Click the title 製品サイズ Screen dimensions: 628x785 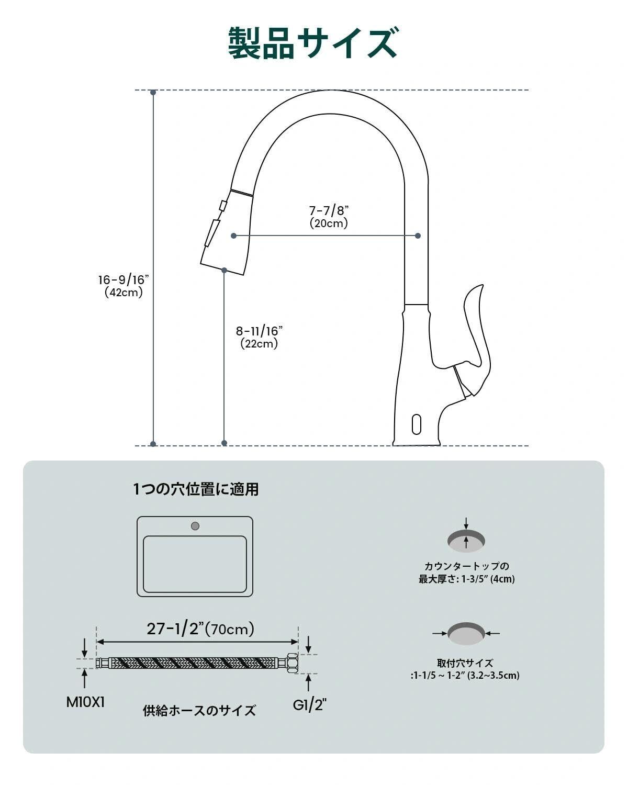313,43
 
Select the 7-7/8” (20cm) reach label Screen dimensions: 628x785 329,217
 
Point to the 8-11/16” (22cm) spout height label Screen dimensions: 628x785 259,337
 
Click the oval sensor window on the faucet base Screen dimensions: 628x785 417,424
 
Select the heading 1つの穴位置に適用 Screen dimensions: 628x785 196,489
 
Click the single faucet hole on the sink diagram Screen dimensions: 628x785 195,526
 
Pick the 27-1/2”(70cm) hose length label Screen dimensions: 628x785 200,628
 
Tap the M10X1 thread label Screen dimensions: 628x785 85,702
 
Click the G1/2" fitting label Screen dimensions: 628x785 309,705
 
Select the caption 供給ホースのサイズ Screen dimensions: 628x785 199,710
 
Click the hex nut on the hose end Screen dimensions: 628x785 292,663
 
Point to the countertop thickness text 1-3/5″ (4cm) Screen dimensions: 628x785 488,579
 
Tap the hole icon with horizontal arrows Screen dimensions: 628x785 466,633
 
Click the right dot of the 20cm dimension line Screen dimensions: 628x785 418,235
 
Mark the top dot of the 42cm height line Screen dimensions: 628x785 153,92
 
